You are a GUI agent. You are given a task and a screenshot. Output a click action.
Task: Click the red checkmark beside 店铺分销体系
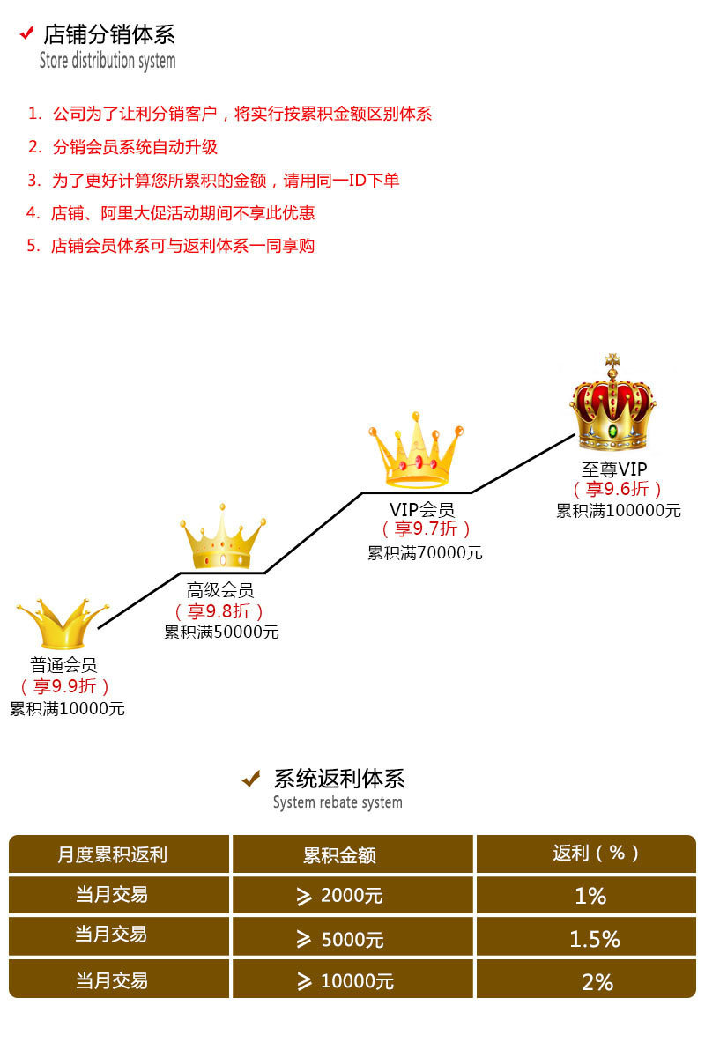tap(26, 33)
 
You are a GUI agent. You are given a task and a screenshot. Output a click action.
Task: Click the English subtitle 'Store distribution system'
tap(108, 61)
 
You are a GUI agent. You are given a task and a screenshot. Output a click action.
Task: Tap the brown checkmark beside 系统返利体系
tap(252, 779)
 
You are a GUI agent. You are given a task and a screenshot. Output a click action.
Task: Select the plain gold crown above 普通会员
tap(62, 624)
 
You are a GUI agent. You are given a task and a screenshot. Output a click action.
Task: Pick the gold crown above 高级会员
tap(223, 538)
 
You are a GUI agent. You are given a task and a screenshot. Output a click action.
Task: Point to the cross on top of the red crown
tap(612, 362)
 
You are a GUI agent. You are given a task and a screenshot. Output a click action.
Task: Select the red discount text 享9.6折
tap(618, 490)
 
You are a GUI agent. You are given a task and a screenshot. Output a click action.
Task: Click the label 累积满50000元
tap(221, 632)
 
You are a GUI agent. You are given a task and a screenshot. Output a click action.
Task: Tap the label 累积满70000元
tap(425, 553)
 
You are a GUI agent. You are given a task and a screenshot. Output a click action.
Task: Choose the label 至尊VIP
tap(614, 469)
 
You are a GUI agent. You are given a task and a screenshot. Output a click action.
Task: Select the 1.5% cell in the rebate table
tap(594, 939)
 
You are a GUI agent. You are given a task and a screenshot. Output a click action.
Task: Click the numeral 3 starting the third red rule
tap(33, 181)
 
